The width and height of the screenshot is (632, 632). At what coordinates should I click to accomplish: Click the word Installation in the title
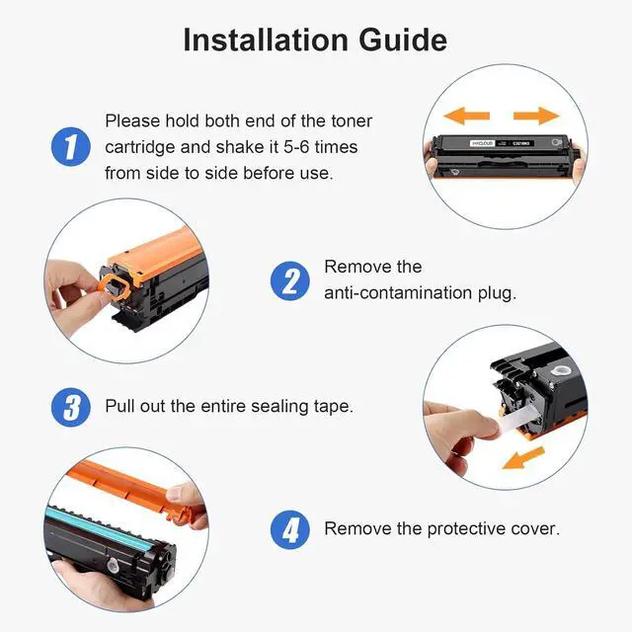click(x=266, y=39)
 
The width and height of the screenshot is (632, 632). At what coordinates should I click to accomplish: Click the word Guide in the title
click(x=403, y=39)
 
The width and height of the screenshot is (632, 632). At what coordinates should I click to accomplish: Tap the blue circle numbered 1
click(x=70, y=147)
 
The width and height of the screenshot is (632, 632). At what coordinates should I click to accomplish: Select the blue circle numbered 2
click(x=289, y=280)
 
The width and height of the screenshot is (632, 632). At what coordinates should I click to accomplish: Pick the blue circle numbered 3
click(x=70, y=407)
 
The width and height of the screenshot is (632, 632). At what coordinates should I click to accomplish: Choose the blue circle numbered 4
click(x=289, y=529)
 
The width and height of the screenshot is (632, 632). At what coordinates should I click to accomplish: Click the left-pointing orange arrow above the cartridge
click(x=466, y=117)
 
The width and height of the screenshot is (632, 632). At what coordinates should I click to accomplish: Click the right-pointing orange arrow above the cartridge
click(x=536, y=117)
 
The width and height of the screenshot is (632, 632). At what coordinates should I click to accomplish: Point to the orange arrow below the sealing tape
click(x=523, y=458)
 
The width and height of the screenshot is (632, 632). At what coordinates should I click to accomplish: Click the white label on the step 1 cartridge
click(x=482, y=143)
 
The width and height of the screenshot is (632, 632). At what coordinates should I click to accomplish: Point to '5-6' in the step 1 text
click(x=296, y=147)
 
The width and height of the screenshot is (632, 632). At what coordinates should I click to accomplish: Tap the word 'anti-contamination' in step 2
click(x=398, y=292)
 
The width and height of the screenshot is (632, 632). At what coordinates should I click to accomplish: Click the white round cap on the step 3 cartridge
click(x=560, y=370)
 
